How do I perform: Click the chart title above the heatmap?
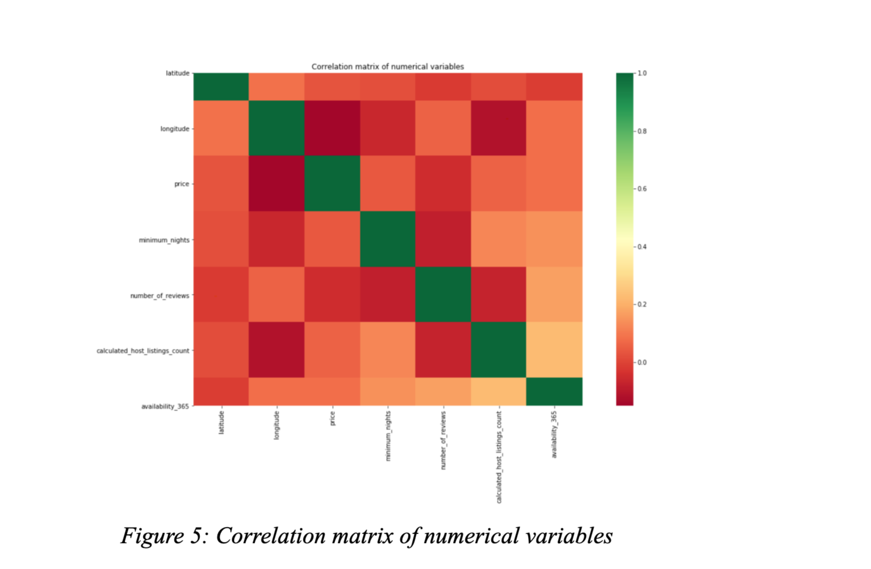pyautogui.click(x=387, y=66)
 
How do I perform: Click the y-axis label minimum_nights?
pyautogui.click(x=164, y=240)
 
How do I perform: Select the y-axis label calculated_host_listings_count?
pyautogui.click(x=142, y=351)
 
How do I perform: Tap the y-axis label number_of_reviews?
pyautogui.click(x=160, y=295)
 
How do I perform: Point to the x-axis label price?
pyautogui.click(x=333, y=418)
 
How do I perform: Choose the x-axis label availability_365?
pyautogui.click(x=554, y=435)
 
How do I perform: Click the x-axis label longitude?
pyautogui.click(x=277, y=425)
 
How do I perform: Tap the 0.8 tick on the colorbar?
pyautogui.click(x=642, y=131)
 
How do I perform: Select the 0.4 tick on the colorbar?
pyautogui.click(x=642, y=247)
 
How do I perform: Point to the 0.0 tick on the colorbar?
pyautogui.click(x=642, y=362)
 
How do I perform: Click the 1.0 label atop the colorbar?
pyautogui.click(x=642, y=73)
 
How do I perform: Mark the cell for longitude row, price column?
pyautogui.click(x=333, y=128)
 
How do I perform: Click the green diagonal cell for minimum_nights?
pyautogui.click(x=388, y=239)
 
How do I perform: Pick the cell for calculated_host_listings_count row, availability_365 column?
pyautogui.click(x=554, y=349)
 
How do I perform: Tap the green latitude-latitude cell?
pyautogui.click(x=221, y=87)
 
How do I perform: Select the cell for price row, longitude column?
pyautogui.click(x=277, y=183)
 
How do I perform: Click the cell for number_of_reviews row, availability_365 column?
pyautogui.click(x=554, y=294)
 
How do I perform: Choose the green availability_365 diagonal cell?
pyautogui.click(x=554, y=391)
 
